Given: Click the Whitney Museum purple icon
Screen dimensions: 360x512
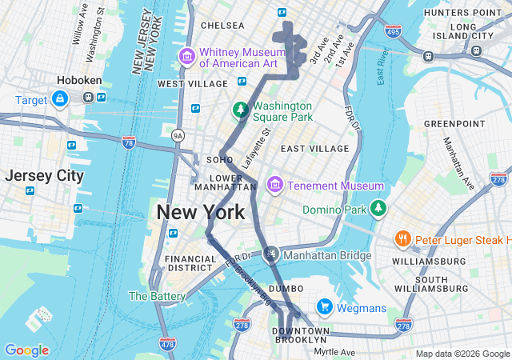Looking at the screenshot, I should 187,56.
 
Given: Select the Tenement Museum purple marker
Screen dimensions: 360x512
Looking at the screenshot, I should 275,186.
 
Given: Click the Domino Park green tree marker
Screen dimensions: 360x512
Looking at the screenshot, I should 378,210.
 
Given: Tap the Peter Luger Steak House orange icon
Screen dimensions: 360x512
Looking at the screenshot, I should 402,239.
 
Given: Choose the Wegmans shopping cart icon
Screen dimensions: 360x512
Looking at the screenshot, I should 324,307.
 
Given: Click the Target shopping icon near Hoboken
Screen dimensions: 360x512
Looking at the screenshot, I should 59,98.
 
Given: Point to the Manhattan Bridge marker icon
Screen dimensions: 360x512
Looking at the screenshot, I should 271,255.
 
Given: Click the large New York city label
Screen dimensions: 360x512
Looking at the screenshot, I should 201,212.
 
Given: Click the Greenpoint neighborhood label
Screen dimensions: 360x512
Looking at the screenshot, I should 449,124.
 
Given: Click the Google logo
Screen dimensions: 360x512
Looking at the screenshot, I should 26,350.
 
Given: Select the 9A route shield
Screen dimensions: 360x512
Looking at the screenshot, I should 178,136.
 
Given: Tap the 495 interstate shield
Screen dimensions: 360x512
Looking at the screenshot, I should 393,31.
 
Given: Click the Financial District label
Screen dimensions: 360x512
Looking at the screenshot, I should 190,264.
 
